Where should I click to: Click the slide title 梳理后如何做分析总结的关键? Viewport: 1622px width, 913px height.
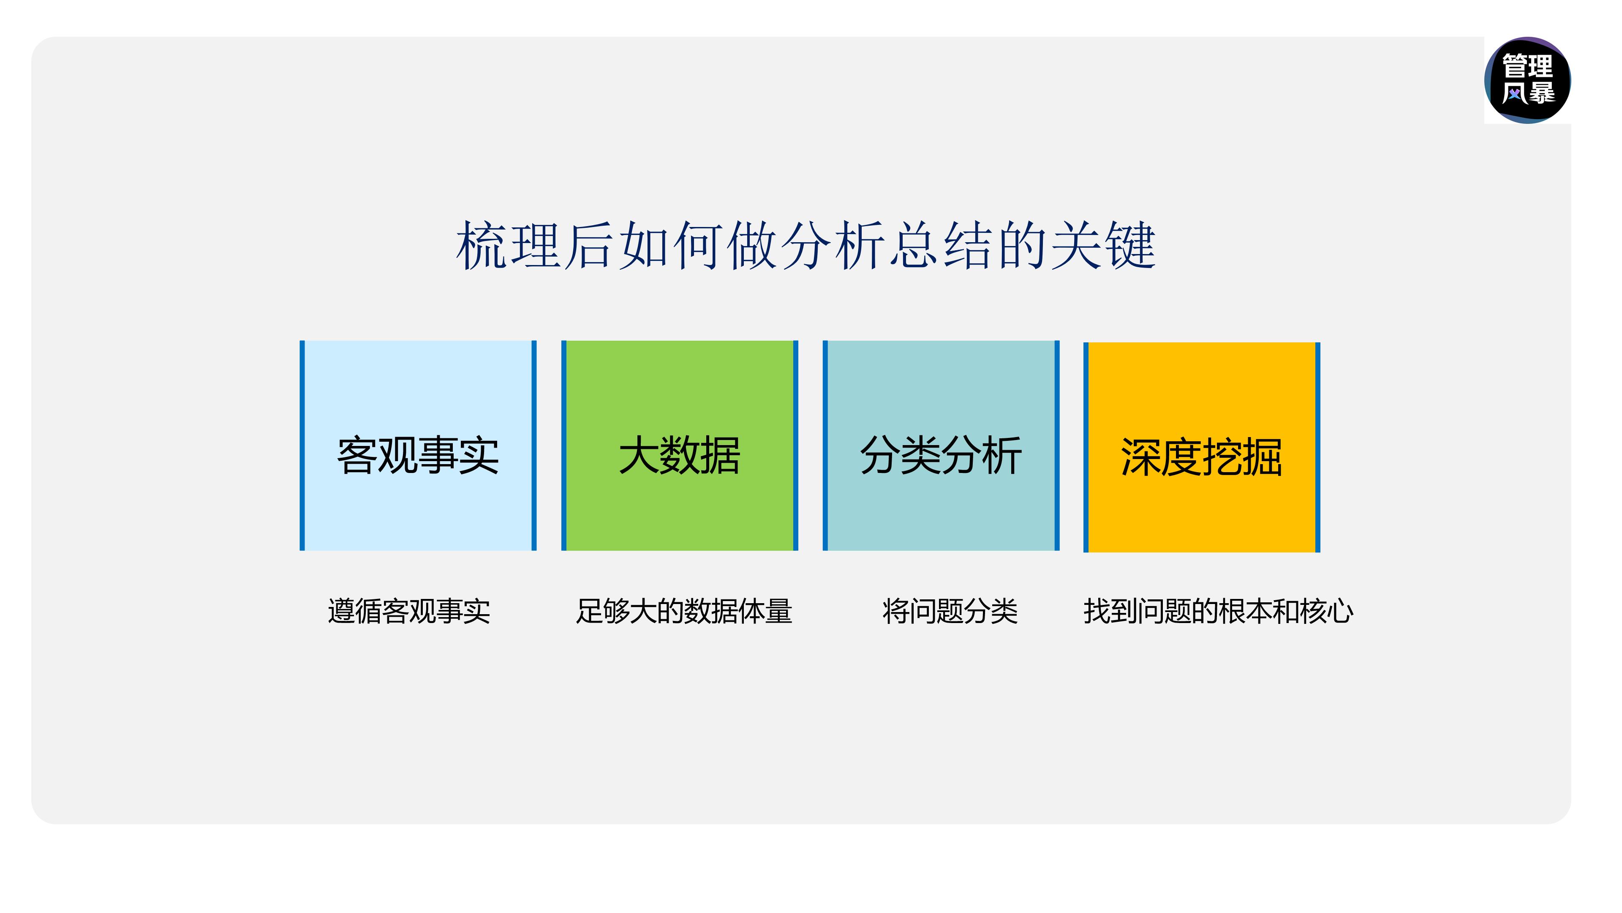click(x=806, y=246)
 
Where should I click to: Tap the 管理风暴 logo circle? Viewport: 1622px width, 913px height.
click(x=1527, y=80)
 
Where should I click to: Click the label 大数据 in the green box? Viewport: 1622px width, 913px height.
click(x=679, y=455)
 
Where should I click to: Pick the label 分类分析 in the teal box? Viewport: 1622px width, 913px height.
click(x=941, y=455)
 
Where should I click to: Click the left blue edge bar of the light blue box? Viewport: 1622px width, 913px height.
click(x=302, y=446)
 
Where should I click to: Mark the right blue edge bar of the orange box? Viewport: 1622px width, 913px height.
click(x=1317, y=447)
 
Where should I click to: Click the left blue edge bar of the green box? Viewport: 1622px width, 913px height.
click(x=564, y=446)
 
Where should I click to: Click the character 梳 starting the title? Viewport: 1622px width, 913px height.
click(x=482, y=246)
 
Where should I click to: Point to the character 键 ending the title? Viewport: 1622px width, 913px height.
click(x=1131, y=246)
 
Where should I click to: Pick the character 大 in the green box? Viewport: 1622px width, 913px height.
click(x=639, y=455)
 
